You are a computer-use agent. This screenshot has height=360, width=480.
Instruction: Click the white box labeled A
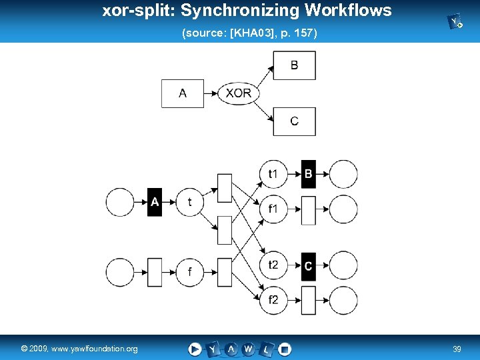[182, 93]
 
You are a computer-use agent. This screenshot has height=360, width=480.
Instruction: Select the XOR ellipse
[238, 93]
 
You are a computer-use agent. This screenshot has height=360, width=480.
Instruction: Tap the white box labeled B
[294, 65]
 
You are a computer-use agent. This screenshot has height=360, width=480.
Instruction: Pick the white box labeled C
[294, 121]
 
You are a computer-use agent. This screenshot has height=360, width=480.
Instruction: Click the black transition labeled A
[155, 202]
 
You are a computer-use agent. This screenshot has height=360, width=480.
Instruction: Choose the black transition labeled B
[308, 174]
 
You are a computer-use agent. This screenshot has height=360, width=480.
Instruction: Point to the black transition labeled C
[308, 266]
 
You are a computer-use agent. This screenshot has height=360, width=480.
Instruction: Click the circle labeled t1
[273, 174]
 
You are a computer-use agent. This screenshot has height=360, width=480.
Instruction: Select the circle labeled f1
[273, 209]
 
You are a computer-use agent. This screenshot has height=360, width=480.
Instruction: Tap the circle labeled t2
[273, 266]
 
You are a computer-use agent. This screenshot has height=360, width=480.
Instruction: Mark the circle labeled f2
[273, 300]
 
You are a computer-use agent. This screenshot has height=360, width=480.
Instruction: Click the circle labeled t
[190, 202]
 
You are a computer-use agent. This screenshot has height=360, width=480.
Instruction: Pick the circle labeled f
[190, 272]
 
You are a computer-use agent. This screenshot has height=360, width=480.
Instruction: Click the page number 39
[457, 349]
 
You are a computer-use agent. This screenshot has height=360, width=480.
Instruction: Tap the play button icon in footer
[195, 349]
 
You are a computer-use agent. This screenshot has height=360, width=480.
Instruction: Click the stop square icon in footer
[285, 349]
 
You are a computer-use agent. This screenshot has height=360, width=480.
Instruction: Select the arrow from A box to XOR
[211, 93]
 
